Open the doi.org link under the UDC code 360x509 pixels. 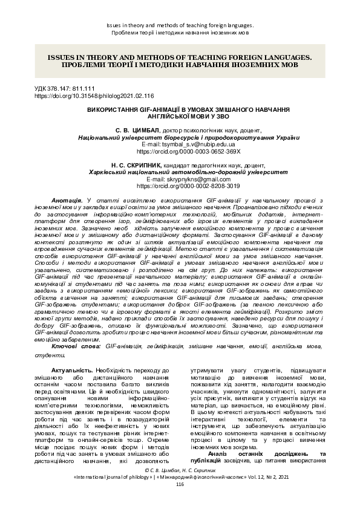[94, 96]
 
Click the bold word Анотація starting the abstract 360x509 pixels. [67, 199]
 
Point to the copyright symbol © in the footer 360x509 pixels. [140, 469]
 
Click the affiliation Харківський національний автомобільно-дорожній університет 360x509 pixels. [180, 172]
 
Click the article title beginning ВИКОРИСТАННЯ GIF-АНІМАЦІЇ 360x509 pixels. [180, 112]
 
